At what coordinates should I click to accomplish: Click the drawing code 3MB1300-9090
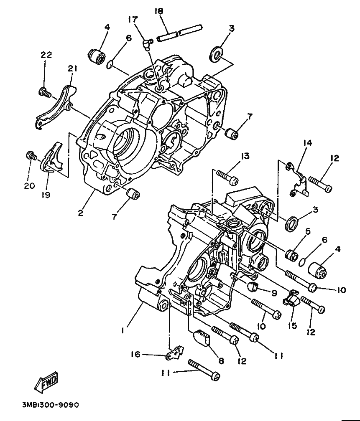tap(51, 405)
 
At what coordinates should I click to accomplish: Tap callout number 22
tap(46, 55)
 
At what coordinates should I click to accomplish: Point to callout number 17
tap(133, 19)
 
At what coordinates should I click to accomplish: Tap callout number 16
tap(136, 355)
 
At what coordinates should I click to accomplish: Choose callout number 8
tap(221, 360)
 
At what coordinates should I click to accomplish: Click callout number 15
tap(292, 325)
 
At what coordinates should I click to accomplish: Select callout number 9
tap(274, 293)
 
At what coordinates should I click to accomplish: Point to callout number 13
tap(245, 156)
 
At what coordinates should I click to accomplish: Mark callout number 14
tap(308, 143)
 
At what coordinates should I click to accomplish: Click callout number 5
tap(308, 231)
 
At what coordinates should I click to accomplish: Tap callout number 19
tap(46, 195)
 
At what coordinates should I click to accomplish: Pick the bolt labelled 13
tap(227, 178)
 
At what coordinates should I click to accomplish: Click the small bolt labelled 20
tap(31, 155)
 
